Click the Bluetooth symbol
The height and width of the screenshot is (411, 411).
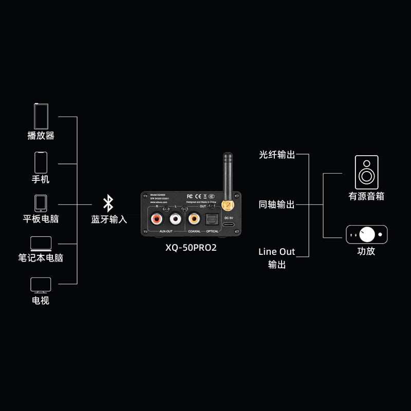tap(108, 203)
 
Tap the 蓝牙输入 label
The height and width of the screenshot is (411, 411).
tap(109, 219)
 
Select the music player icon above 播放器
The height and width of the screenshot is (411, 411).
tap(41, 116)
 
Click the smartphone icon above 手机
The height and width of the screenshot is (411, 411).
tap(41, 162)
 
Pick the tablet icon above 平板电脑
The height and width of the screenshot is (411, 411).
tap(41, 203)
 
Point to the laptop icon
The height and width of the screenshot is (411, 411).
tap(41, 244)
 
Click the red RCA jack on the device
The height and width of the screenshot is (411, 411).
tap(156, 219)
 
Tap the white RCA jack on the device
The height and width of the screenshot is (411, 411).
tap(176, 219)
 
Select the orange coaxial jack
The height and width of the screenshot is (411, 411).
tap(194, 219)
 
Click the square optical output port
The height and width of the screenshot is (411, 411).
tap(211, 219)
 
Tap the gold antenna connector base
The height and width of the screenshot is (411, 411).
tap(228, 205)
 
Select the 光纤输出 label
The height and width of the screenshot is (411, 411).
tap(277, 155)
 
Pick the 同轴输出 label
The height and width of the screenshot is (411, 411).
tap(277, 204)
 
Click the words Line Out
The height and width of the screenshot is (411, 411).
tap(276, 252)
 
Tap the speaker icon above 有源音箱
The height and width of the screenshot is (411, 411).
tap(366, 173)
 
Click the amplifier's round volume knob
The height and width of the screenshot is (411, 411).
tap(368, 234)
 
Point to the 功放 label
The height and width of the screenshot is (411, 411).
tap(366, 252)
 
